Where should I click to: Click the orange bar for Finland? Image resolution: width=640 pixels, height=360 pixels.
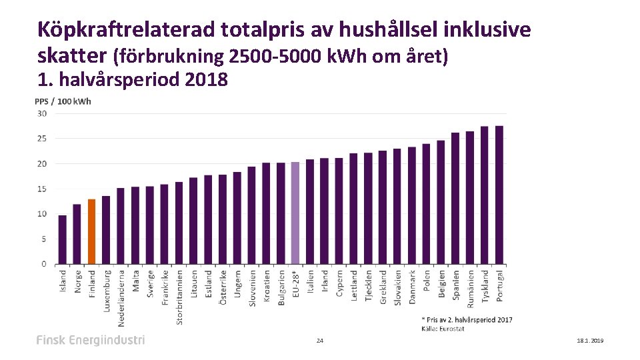click(x=91, y=231)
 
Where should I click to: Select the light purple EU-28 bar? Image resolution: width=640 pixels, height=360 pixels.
click(x=295, y=213)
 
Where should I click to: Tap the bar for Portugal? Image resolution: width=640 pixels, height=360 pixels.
click(x=499, y=195)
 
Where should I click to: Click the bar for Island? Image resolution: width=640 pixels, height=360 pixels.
click(x=62, y=239)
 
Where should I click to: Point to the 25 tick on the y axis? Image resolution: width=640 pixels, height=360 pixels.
click(x=41, y=139)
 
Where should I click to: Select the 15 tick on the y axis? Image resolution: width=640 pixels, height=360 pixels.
click(x=41, y=189)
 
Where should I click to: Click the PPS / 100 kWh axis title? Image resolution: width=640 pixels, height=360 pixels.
click(x=63, y=101)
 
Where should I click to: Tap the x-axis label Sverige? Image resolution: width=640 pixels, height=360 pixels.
click(x=150, y=283)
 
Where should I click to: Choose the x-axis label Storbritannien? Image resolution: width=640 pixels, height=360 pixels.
click(x=179, y=297)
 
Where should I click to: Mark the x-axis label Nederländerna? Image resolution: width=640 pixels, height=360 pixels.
click(x=121, y=297)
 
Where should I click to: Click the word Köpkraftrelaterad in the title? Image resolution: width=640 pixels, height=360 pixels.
click(x=127, y=29)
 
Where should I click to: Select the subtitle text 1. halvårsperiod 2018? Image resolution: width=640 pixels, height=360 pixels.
click(x=133, y=80)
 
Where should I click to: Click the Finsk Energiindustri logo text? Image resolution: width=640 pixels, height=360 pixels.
click(x=90, y=340)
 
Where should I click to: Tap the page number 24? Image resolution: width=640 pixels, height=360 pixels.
click(x=320, y=341)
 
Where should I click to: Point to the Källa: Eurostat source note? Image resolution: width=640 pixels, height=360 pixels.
click(x=442, y=328)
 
